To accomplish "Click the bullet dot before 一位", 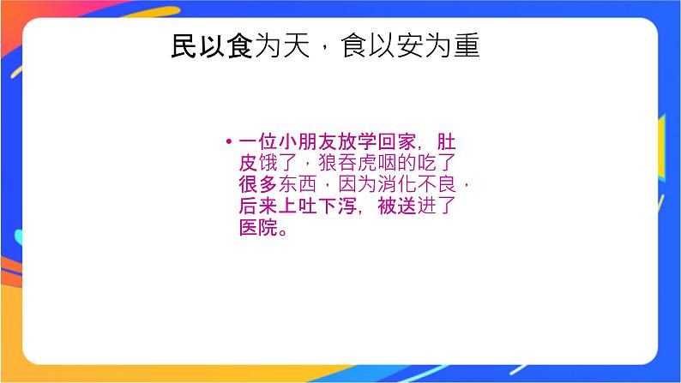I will click(229, 141).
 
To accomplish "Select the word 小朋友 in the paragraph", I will click(314, 141).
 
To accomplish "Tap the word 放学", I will click(369, 141).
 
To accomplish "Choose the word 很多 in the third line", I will click(257, 185).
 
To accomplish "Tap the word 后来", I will click(257, 207).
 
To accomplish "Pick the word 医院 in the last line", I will click(257, 230).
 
